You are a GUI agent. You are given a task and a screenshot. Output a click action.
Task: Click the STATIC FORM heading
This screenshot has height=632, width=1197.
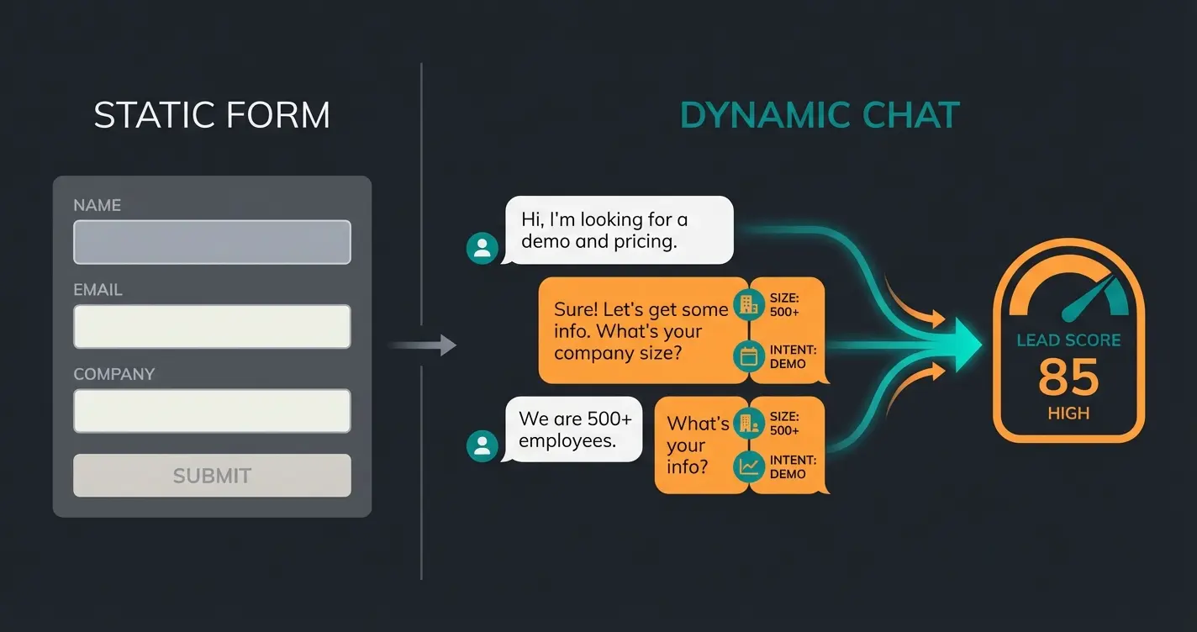coord(212,115)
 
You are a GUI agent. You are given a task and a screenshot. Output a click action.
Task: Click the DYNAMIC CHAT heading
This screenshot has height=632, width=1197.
coord(819,115)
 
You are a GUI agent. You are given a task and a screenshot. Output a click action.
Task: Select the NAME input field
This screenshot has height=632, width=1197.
coord(212,242)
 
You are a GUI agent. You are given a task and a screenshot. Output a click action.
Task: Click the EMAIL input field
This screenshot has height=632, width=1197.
coord(212,326)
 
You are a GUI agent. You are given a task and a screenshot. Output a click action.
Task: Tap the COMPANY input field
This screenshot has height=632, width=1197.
coord(212,410)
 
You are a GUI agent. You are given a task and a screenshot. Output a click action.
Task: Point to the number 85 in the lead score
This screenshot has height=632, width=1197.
coord(1068,377)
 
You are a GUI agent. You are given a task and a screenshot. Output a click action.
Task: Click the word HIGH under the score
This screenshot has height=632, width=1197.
coord(1068,413)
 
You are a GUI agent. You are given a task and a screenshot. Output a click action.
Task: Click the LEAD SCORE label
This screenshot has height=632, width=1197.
coord(1068,340)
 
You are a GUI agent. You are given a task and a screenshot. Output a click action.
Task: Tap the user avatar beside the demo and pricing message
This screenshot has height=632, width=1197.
coord(482,248)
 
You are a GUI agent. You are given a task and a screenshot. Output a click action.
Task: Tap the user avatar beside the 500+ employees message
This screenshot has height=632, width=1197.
coord(482,445)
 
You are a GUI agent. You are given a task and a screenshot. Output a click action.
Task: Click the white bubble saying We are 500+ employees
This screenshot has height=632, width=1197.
coord(574,429)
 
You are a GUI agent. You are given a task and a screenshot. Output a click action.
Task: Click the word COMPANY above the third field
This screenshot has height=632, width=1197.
coord(114,374)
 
